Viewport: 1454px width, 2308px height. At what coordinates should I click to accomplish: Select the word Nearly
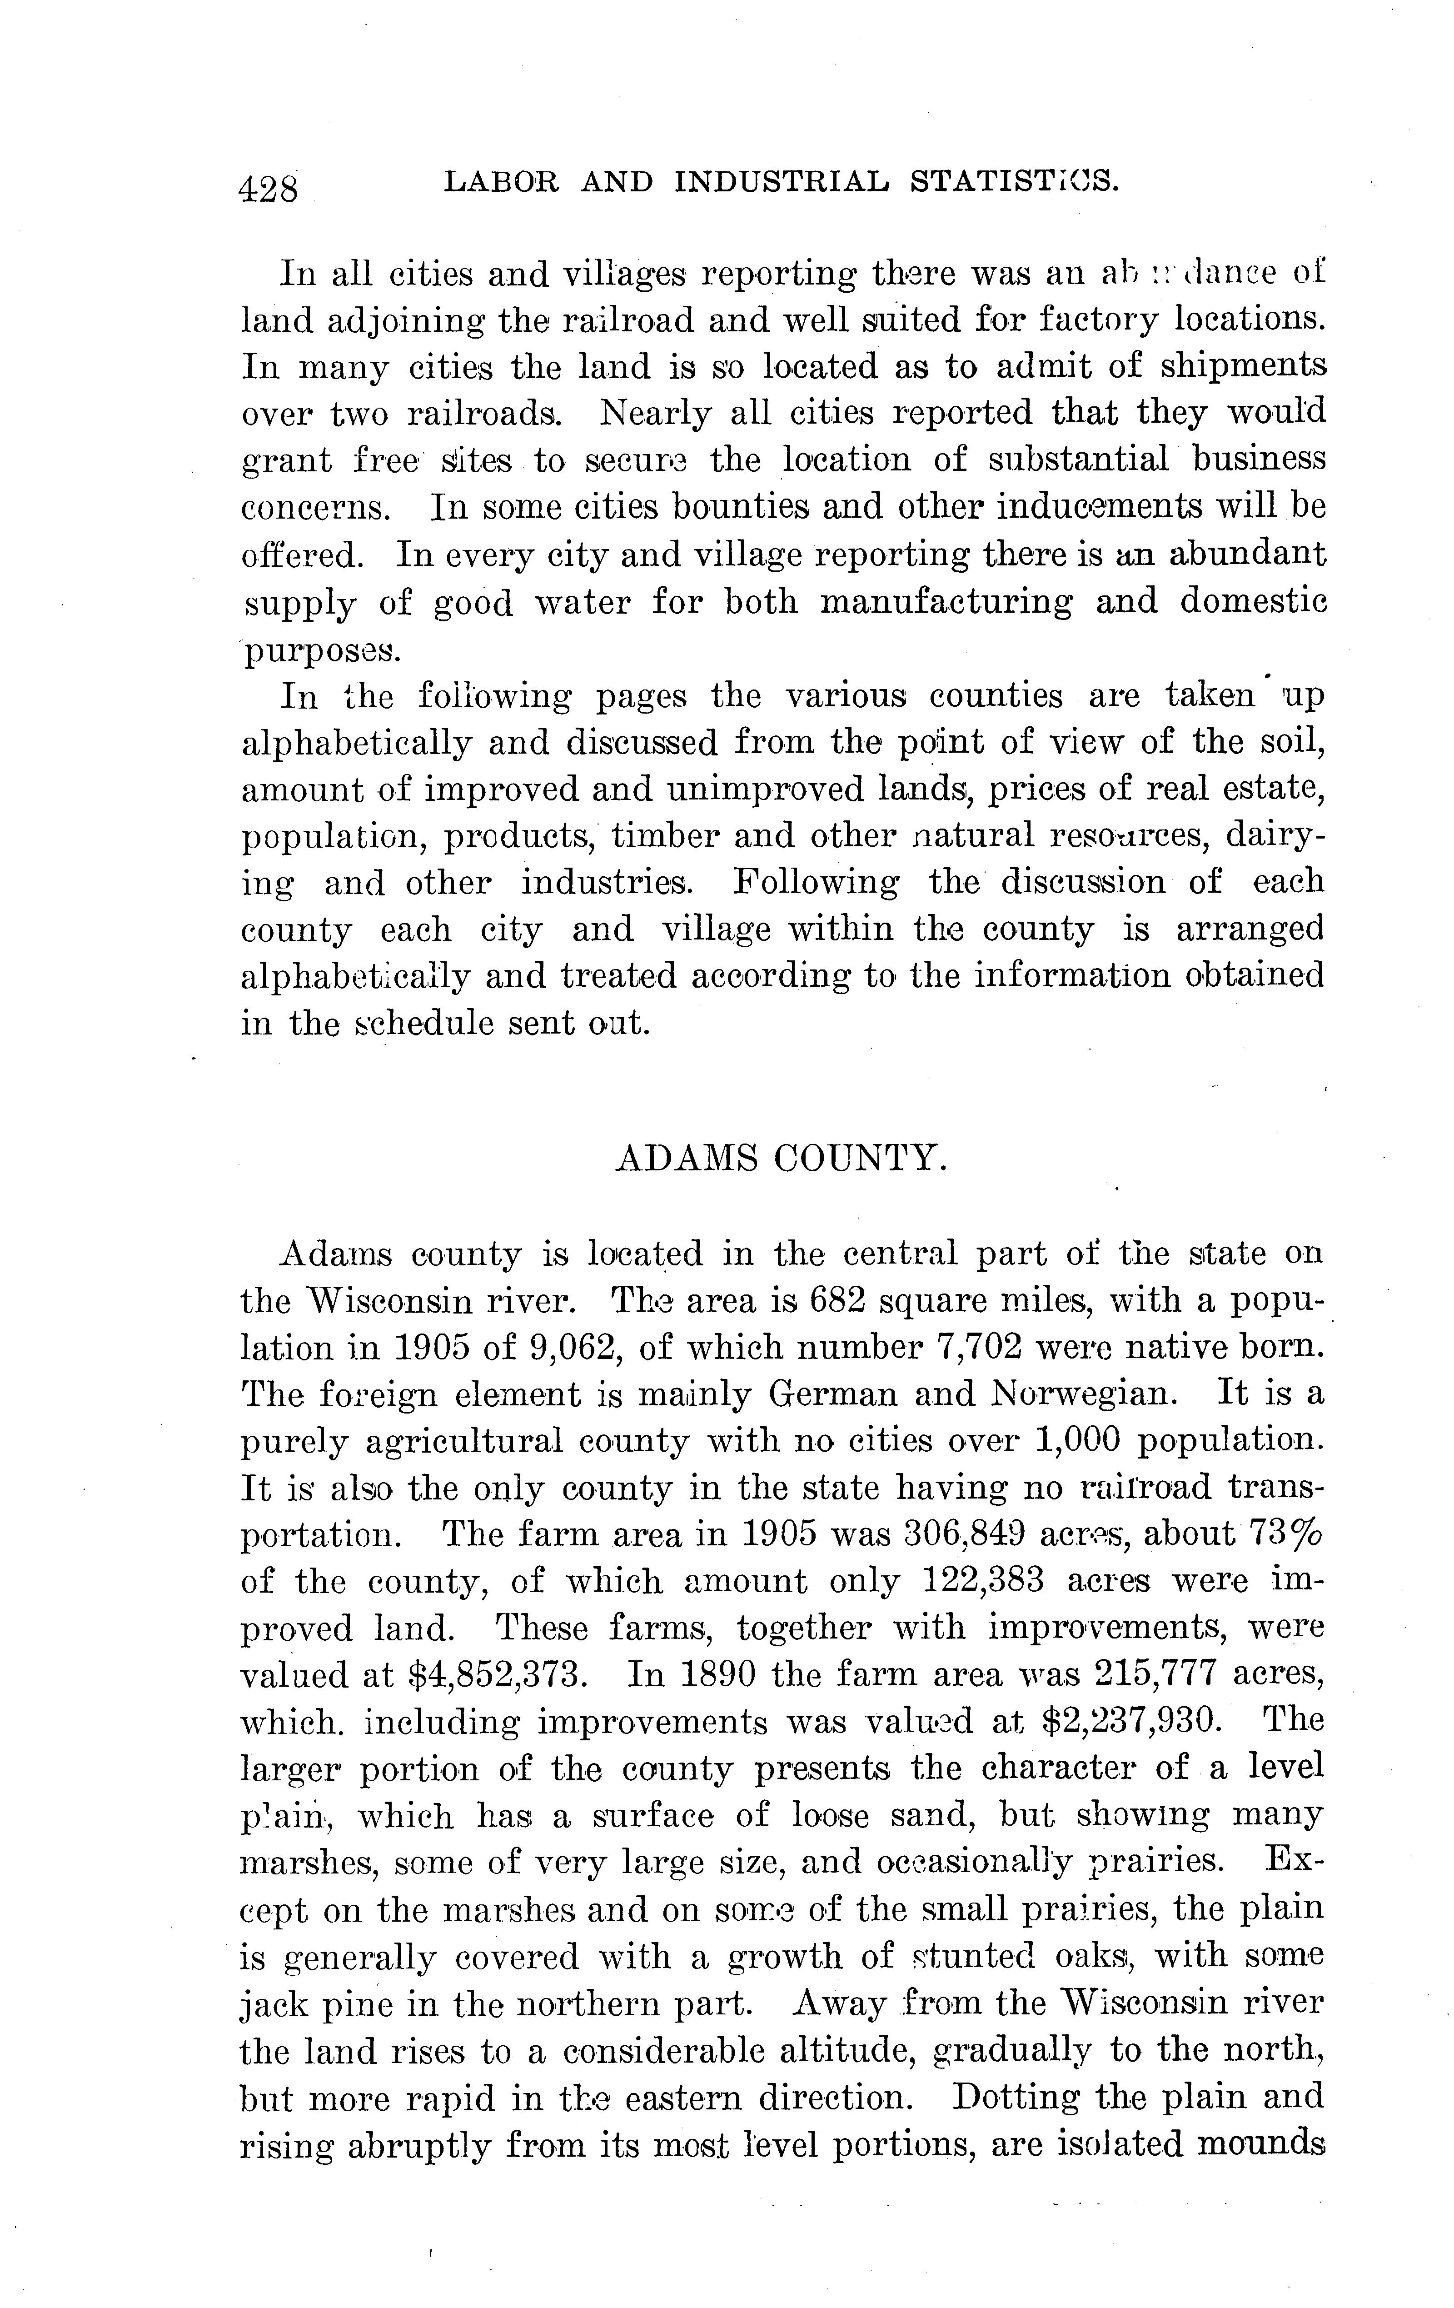(x=655, y=413)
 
